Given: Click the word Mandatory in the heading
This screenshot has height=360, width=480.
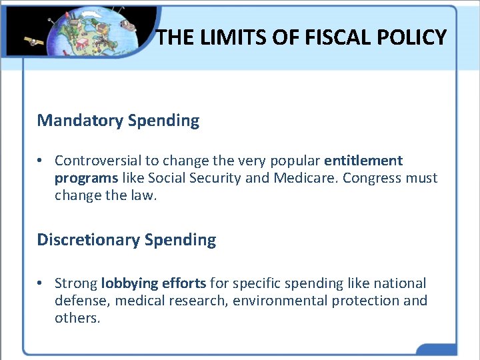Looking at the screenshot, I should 80,121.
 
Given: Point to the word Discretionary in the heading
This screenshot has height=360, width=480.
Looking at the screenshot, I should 89,240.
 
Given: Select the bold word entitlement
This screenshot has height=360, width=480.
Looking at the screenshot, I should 363,161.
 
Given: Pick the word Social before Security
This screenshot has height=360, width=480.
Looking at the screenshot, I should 168,178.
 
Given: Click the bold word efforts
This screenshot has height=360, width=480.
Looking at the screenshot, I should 184,283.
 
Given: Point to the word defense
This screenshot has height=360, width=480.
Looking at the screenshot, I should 82,301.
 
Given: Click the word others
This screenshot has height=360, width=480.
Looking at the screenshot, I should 77,318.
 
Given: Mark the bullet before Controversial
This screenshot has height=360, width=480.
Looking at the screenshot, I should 41,161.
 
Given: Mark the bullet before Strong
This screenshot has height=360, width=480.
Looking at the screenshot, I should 41,283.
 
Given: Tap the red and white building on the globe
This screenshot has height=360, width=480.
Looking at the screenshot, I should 83,44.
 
